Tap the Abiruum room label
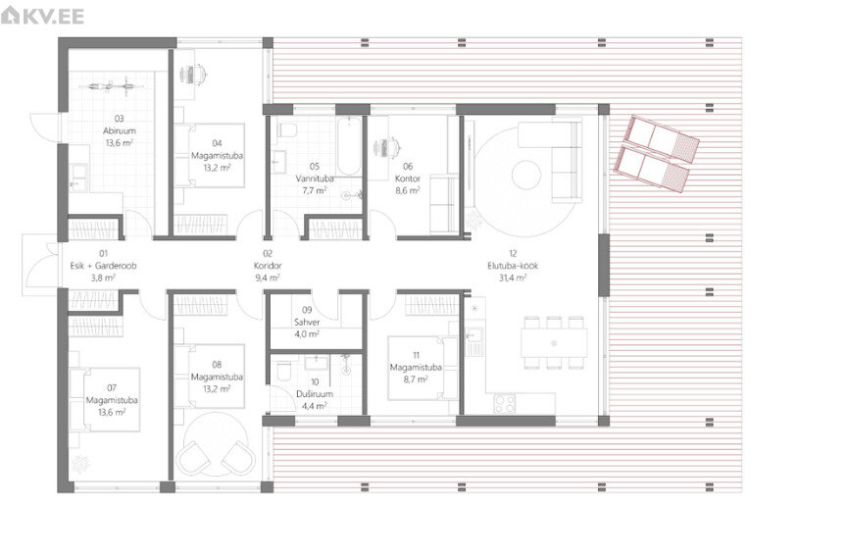click(120, 130)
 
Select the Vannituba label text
click(315, 178)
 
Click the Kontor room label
click(407, 178)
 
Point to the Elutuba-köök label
click(513, 266)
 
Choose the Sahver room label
click(307, 322)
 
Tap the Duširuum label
click(315, 394)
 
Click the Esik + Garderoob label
click(103, 266)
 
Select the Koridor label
click(268, 266)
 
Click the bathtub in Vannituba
click(348, 147)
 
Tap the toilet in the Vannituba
click(286, 130)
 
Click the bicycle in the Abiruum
click(112, 85)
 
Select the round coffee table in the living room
click(526, 175)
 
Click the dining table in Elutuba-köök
click(554, 342)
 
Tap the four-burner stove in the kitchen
click(505, 404)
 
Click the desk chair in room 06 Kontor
click(389, 147)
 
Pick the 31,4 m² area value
click(513, 278)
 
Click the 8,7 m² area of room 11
click(416, 380)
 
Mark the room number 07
click(112, 388)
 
